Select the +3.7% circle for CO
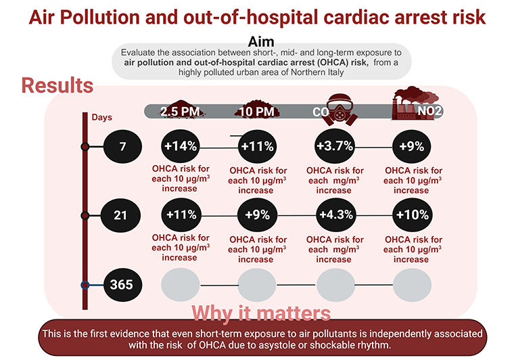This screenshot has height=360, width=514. tap(334, 146)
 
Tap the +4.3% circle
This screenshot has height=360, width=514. tap(334, 215)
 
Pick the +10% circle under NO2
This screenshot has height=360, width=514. tap(411, 215)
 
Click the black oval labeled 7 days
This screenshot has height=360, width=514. tap(122, 146)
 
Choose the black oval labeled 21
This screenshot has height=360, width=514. tap(122, 215)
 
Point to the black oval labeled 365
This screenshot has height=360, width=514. tap(122, 284)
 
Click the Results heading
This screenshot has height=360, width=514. tap(57, 86)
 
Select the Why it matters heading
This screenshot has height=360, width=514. tap(261, 313)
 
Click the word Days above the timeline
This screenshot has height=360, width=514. tap(101, 117)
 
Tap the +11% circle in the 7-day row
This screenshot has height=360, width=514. tap(256, 146)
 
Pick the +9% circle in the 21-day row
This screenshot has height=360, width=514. tap(256, 215)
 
